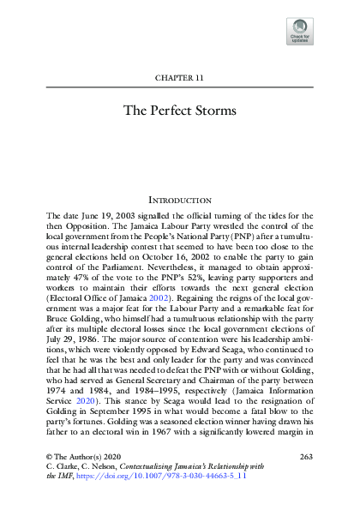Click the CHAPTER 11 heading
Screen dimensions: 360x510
click(x=179, y=78)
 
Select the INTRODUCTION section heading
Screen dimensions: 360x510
click(x=180, y=199)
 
